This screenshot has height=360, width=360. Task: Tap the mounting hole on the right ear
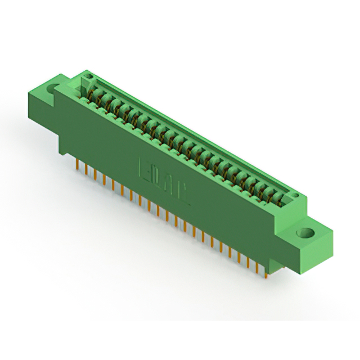[x=307, y=231]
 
